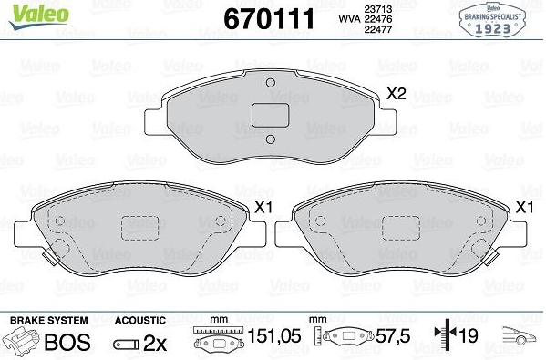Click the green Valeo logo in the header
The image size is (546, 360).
pyautogui.click(x=38, y=16)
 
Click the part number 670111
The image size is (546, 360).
pyautogui.click(x=269, y=19)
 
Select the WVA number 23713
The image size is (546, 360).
pyautogui.click(x=377, y=9)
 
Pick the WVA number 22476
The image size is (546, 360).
pyautogui.click(x=377, y=19)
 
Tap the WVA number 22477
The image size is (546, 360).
pyautogui.click(x=377, y=29)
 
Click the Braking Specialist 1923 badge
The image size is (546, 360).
pyautogui.click(x=492, y=20)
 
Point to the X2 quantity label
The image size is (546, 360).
pyautogui.click(x=397, y=93)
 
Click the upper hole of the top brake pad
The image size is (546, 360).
pyautogui.click(x=270, y=83)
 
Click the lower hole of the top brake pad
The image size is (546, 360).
pyautogui.click(x=270, y=139)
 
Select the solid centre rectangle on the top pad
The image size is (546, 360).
pyautogui.click(x=270, y=115)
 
